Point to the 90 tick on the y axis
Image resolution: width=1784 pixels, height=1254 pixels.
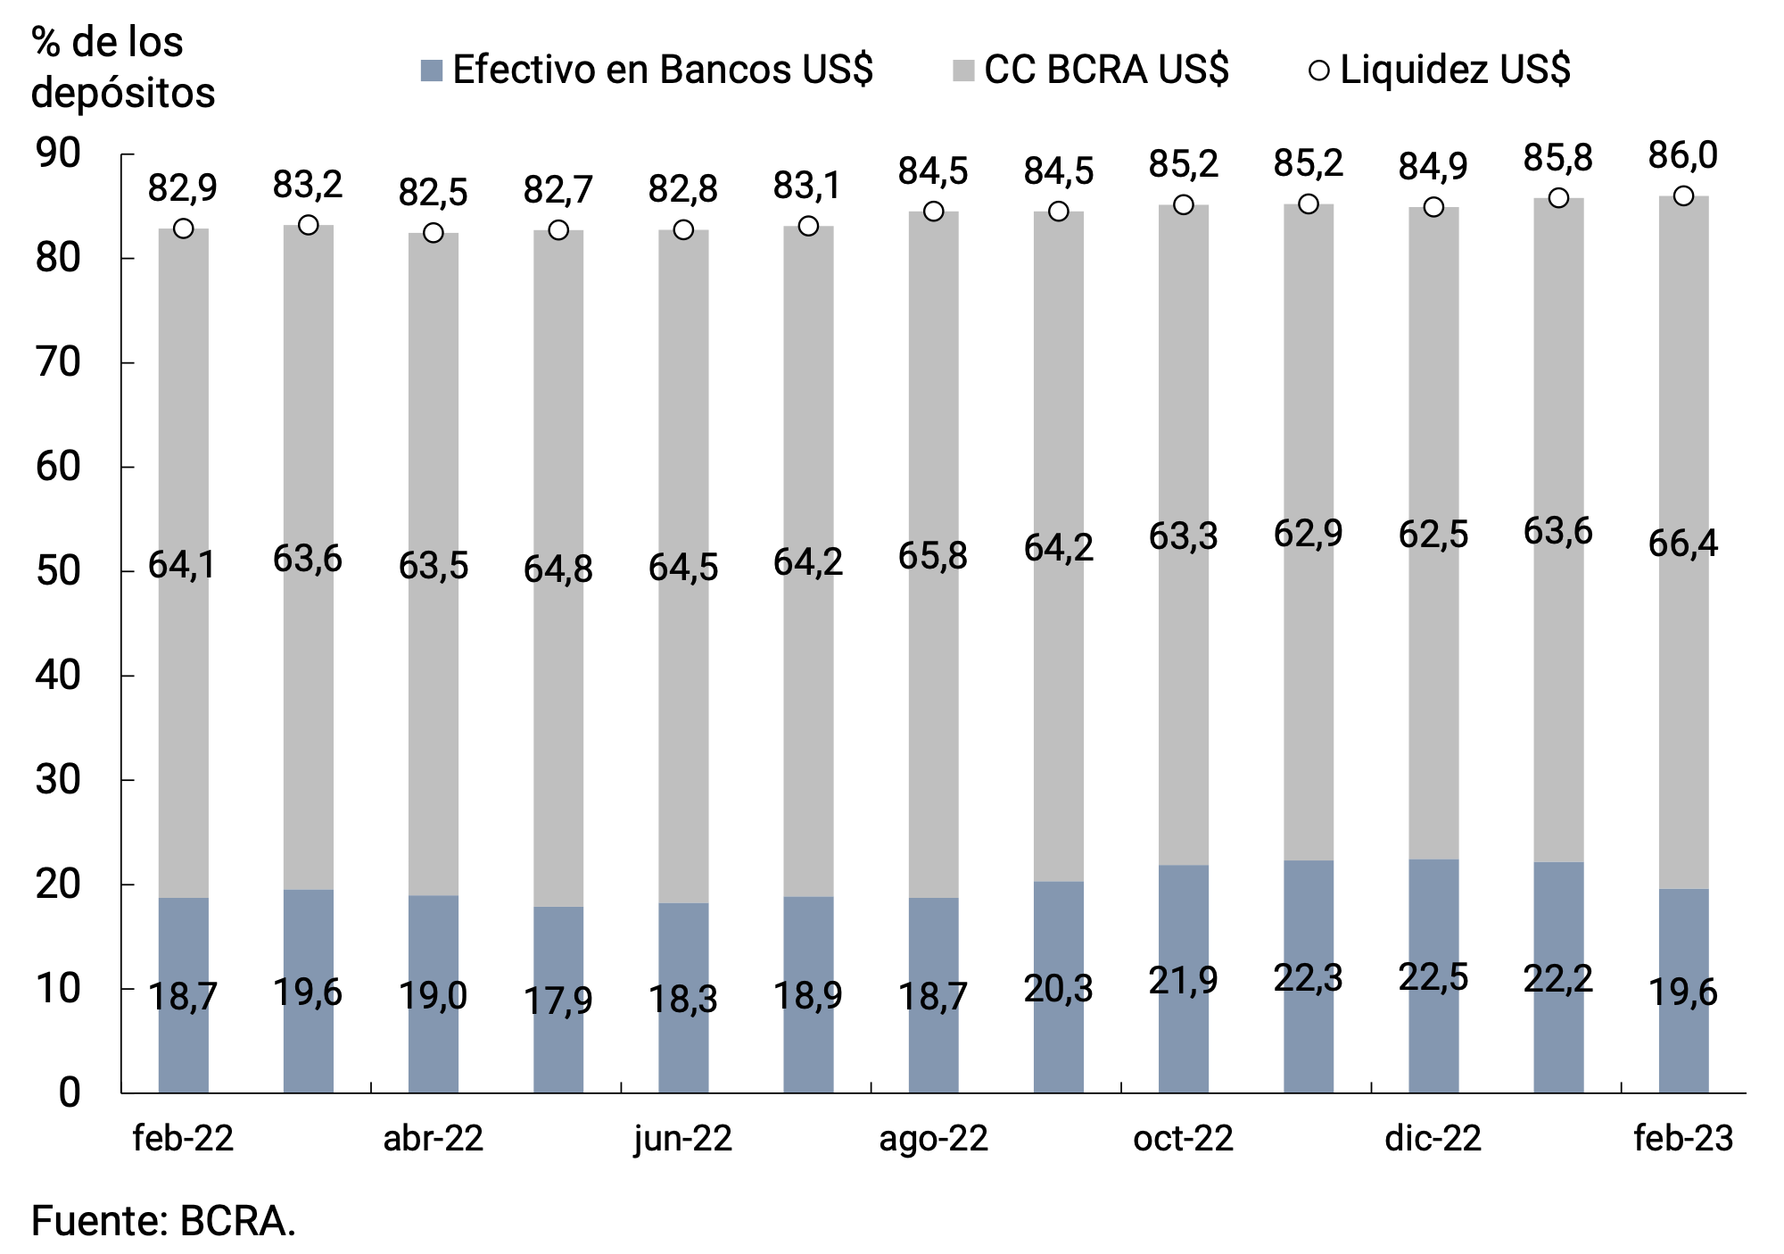point(58,154)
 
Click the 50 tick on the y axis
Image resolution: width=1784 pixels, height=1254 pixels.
point(58,571)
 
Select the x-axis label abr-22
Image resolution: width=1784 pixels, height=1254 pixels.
point(434,1139)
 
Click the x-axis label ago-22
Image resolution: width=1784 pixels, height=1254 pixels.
point(934,1139)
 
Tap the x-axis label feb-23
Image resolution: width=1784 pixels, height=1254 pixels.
point(1683,1139)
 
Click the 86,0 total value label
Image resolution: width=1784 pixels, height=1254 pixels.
point(1683,156)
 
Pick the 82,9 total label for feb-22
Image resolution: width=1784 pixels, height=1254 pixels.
point(183,188)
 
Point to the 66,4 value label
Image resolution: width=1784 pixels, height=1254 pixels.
point(1683,544)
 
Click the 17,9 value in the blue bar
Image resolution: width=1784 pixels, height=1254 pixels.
point(558,1001)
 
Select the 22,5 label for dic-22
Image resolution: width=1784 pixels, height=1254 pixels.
point(1433,978)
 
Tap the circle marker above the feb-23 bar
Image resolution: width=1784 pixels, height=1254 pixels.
point(1683,195)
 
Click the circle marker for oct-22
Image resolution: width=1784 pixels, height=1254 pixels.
point(1184,204)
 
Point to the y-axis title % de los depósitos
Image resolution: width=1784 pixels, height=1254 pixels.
point(123,67)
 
